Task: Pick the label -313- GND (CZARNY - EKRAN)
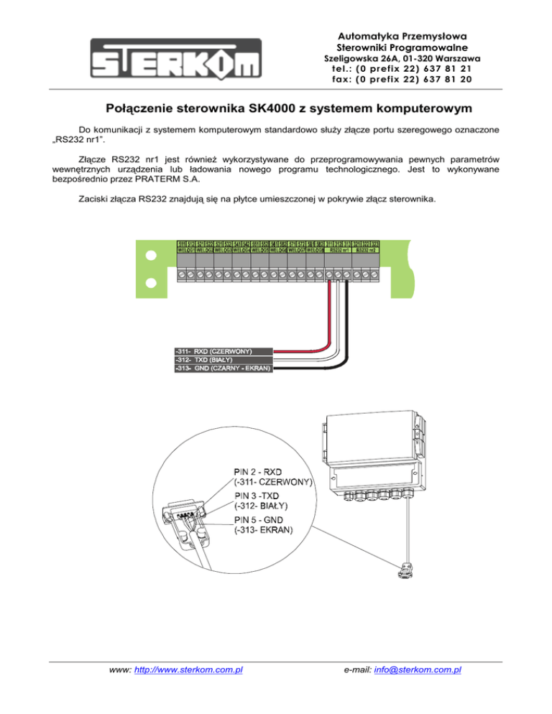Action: click(x=223, y=368)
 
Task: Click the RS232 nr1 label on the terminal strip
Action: click(x=339, y=251)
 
